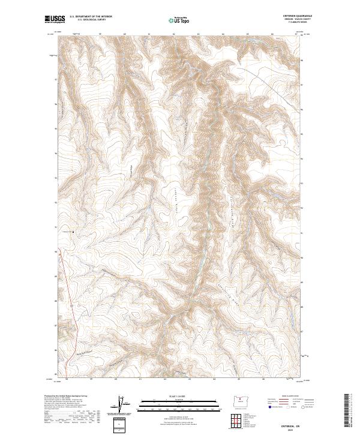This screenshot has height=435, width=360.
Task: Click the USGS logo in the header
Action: [53, 20]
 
